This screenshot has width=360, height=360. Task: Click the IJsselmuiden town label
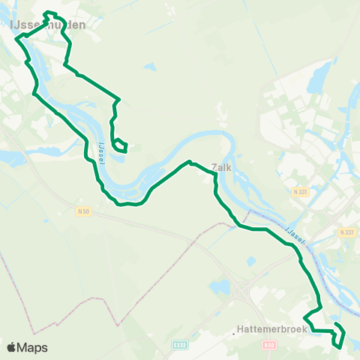(46, 25)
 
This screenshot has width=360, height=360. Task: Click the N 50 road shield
(84, 211)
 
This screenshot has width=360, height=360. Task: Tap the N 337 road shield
(346, 232)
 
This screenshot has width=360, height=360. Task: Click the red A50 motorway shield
(271, 346)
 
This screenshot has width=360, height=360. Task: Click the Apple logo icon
(11, 347)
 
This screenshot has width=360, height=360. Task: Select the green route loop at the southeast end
(338, 335)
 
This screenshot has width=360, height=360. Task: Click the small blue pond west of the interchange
(220, 286)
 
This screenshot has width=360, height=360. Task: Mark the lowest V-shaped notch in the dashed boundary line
(118, 325)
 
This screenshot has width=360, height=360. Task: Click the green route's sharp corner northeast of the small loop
(119, 98)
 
